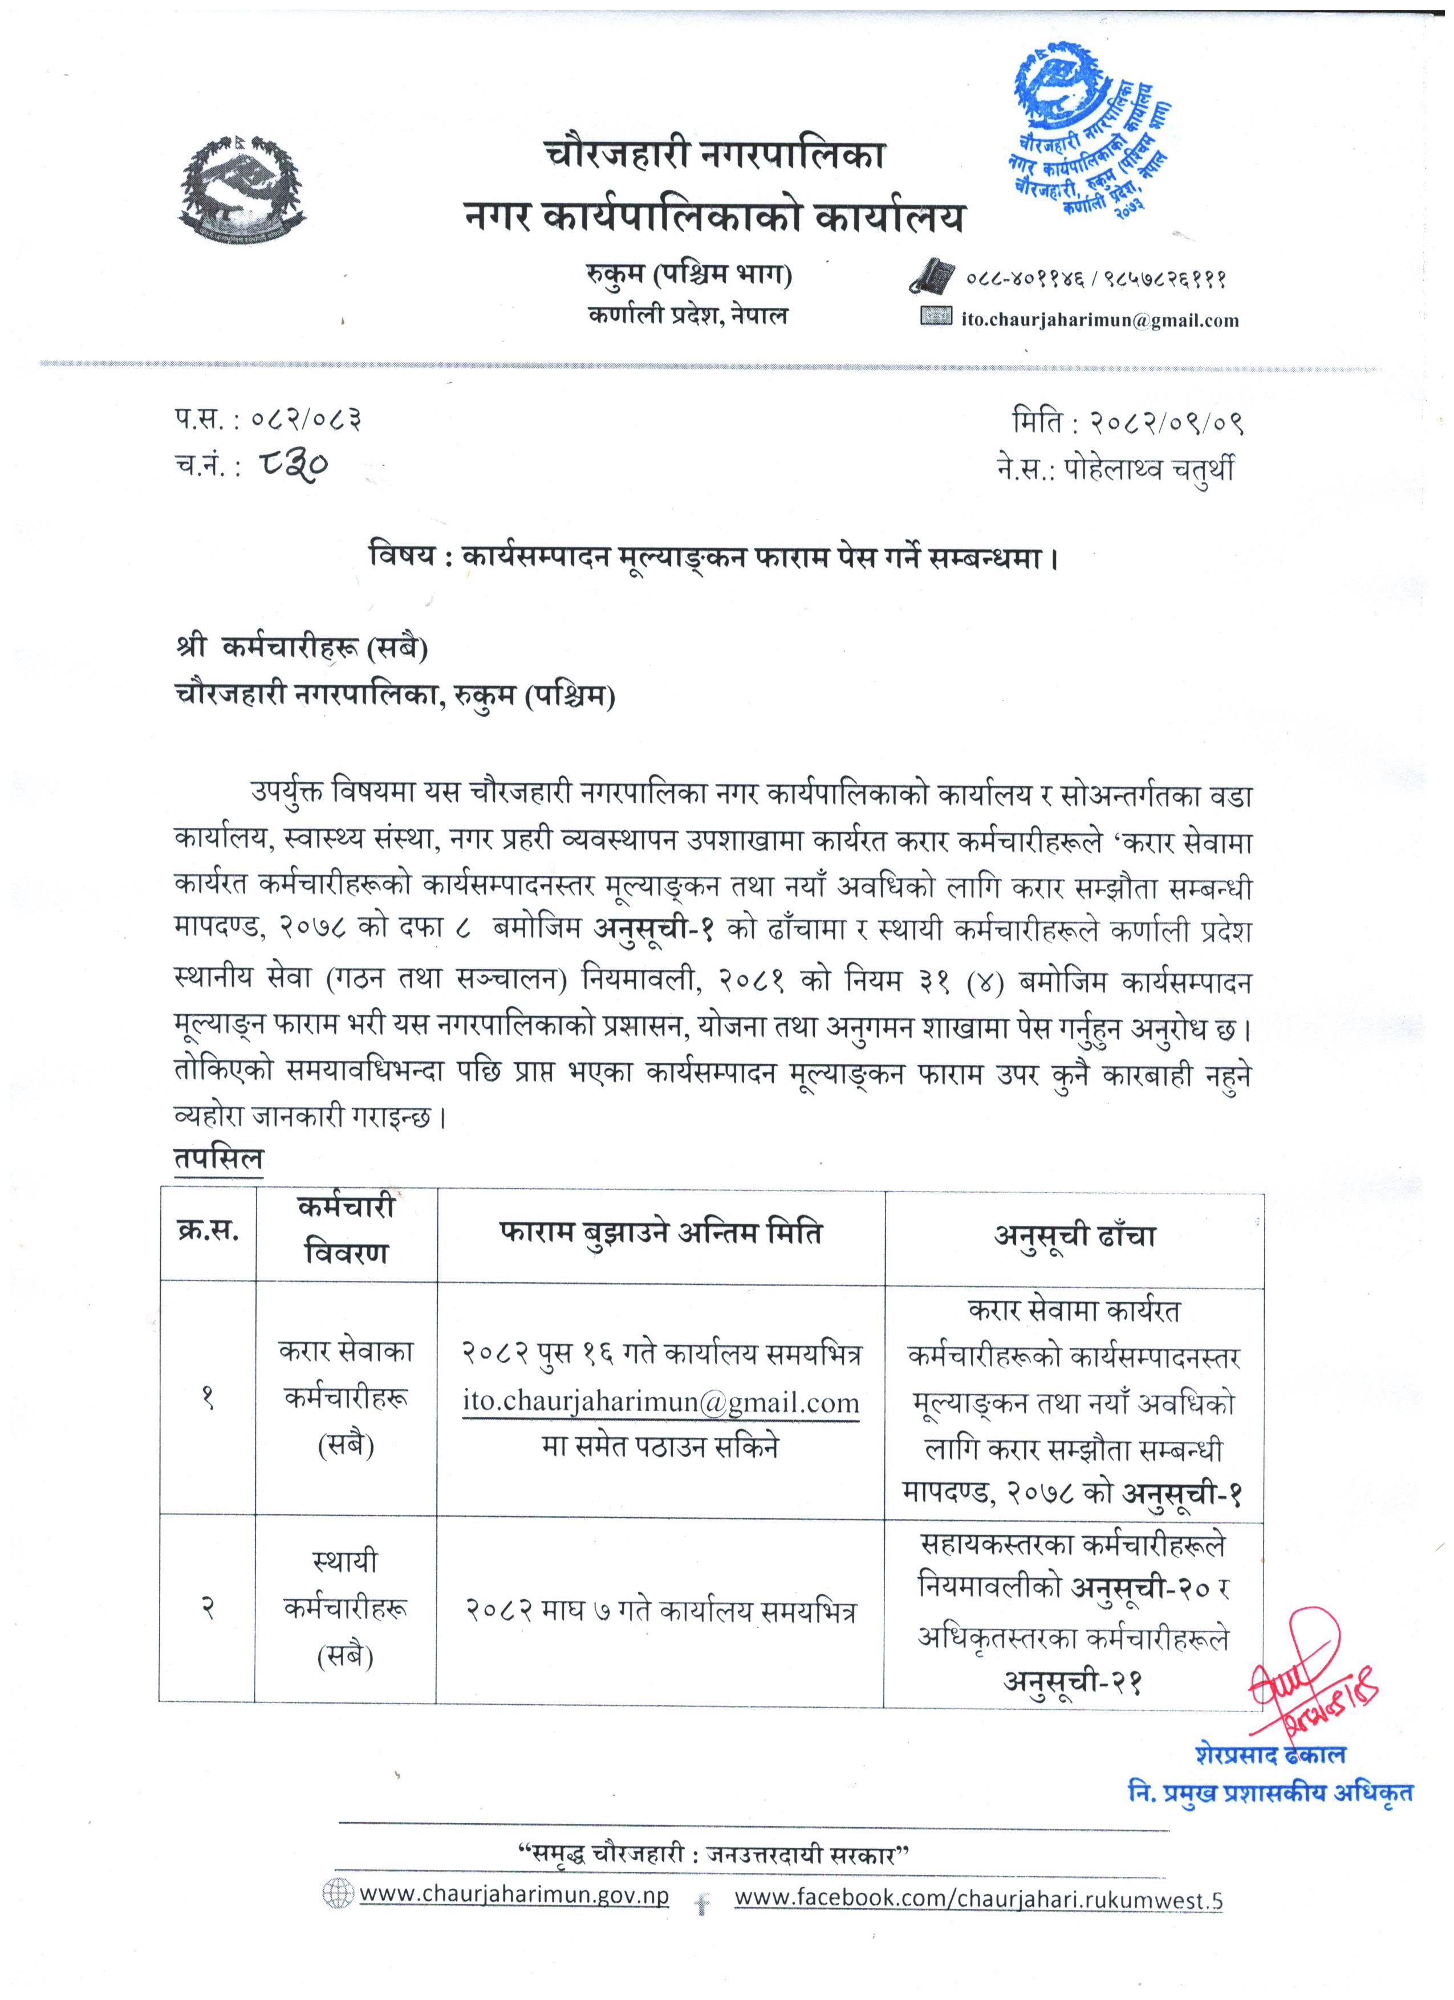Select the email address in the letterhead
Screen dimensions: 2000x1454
(x=1099, y=320)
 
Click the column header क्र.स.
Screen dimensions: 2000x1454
(x=208, y=1231)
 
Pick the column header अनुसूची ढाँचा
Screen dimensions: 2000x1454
(x=1074, y=1237)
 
